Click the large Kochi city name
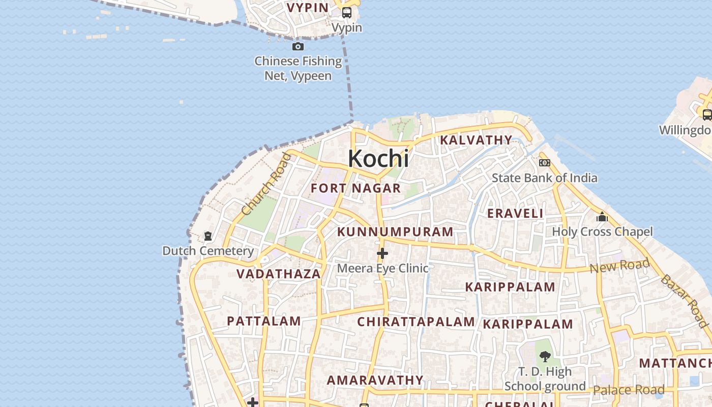(378, 159)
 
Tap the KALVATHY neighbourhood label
(476, 140)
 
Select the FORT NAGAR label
(356, 188)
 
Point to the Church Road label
(266, 184)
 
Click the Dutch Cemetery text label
(208, 251)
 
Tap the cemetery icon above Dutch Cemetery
(208, 236)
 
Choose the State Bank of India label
(544, 178)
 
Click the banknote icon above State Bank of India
(545, 163)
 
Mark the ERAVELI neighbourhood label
(515, 214)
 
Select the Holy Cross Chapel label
(602, 232)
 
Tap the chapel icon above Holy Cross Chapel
(602, 217)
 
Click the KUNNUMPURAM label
(395, 232)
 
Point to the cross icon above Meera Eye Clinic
(382, 253)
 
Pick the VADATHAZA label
(279, 274)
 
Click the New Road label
(619, 265)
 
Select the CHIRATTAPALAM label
(416, 322)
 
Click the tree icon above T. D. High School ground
(545, 357)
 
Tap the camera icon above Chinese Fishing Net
(298, 47)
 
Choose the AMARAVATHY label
(375, 380)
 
